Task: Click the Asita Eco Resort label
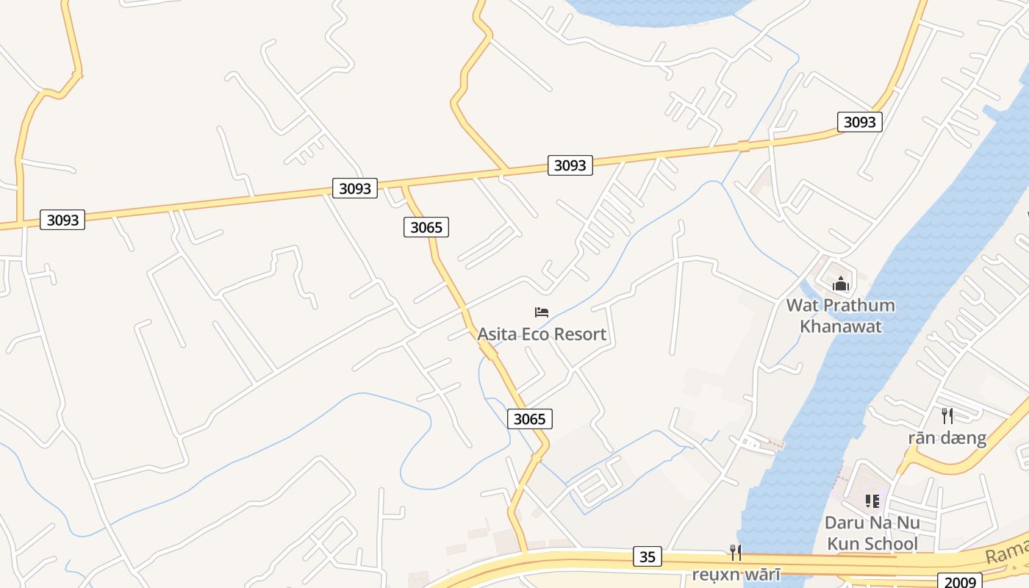pos(542,334)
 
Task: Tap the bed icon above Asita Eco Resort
pos(542,312)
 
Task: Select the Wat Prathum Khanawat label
pos(840,315)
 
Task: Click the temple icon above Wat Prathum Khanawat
pos(841,284)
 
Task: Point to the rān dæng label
pos(947,438)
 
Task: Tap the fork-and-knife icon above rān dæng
pos(947,416)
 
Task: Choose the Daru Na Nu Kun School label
pos(872,533)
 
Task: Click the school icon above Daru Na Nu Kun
pos(872,501)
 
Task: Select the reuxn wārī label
pos(735,574)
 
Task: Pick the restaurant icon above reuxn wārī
pos(735,552)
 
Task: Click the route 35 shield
pos(647,556)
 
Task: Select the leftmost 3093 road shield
pos(62,220)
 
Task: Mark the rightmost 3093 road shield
pos(859,122)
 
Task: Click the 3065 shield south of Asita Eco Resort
pos(529,419)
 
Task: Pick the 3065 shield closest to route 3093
pos(426,227)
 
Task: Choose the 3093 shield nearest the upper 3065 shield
pos(355,188)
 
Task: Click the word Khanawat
pos(840,326)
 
